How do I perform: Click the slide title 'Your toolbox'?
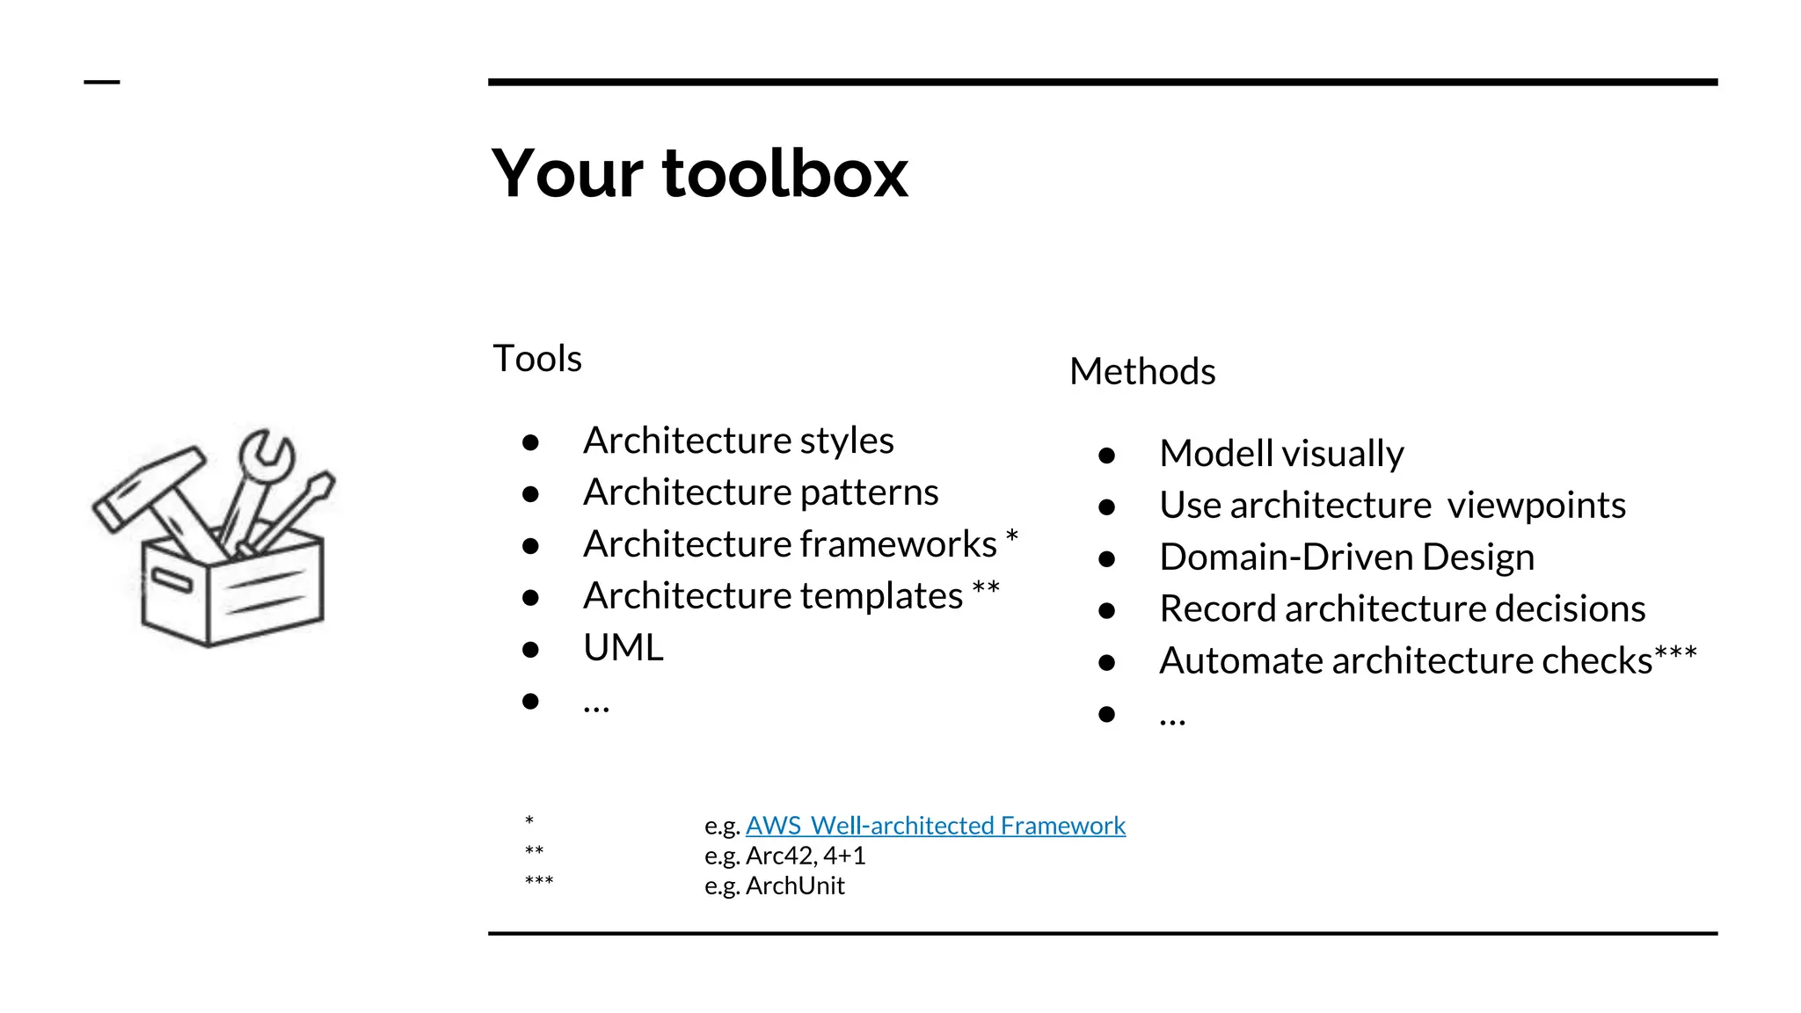(x=699, y=173)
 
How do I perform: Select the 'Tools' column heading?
(x=536, y=359)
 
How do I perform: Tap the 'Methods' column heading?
(x=1141, y=372)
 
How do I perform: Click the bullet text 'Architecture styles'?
(x=738, y=441)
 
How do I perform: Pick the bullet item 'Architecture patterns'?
(x=760, y=492)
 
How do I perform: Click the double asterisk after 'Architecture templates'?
(x=986, y=588)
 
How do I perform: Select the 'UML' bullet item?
(x=623, y=648)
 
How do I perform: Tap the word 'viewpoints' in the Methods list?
(x=1535, y=506)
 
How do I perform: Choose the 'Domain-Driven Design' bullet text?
(x=1346, y=558)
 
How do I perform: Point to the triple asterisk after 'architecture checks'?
(x=1675, y=653)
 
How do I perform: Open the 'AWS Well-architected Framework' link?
(x=935, y=826)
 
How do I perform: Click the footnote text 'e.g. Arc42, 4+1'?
(x=784, y=856)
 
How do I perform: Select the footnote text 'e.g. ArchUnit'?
(x=774, y=885)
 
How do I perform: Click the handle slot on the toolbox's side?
(x=171, y=579)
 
